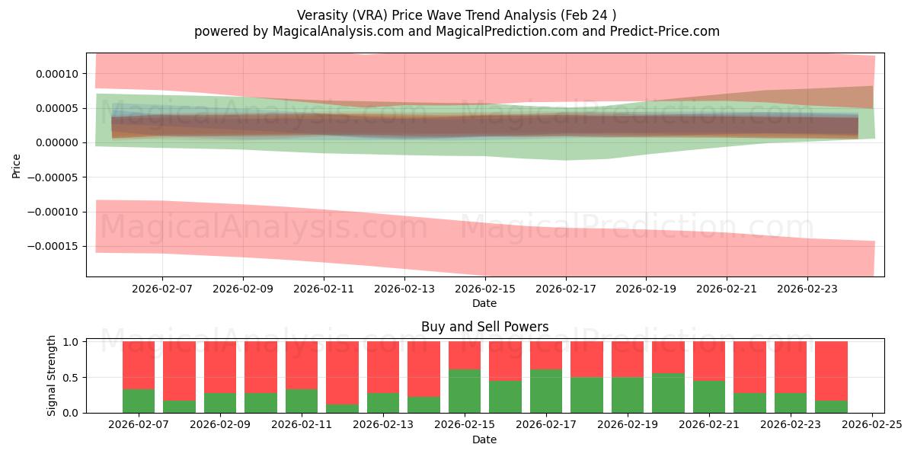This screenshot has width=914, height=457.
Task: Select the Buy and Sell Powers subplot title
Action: point(484,327)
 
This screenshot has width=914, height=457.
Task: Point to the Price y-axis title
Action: point(17,165)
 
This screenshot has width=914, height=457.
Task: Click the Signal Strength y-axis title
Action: point(52,376)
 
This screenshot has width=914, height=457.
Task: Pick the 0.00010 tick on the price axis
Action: point(56,74)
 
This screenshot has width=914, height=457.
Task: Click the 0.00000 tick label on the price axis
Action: point(56,143)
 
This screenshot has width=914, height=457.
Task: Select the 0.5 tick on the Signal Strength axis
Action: point(69,378)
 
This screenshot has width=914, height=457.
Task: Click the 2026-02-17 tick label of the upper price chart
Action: point(565,289)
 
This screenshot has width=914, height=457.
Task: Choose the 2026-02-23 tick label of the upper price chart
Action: point(807,289)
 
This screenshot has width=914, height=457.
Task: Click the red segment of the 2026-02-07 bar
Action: point(139,365)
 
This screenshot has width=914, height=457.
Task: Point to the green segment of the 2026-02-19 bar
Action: point(628,395)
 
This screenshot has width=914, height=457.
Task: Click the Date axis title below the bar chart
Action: point(484,439)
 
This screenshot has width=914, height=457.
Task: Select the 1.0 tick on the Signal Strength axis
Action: point(69,342)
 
